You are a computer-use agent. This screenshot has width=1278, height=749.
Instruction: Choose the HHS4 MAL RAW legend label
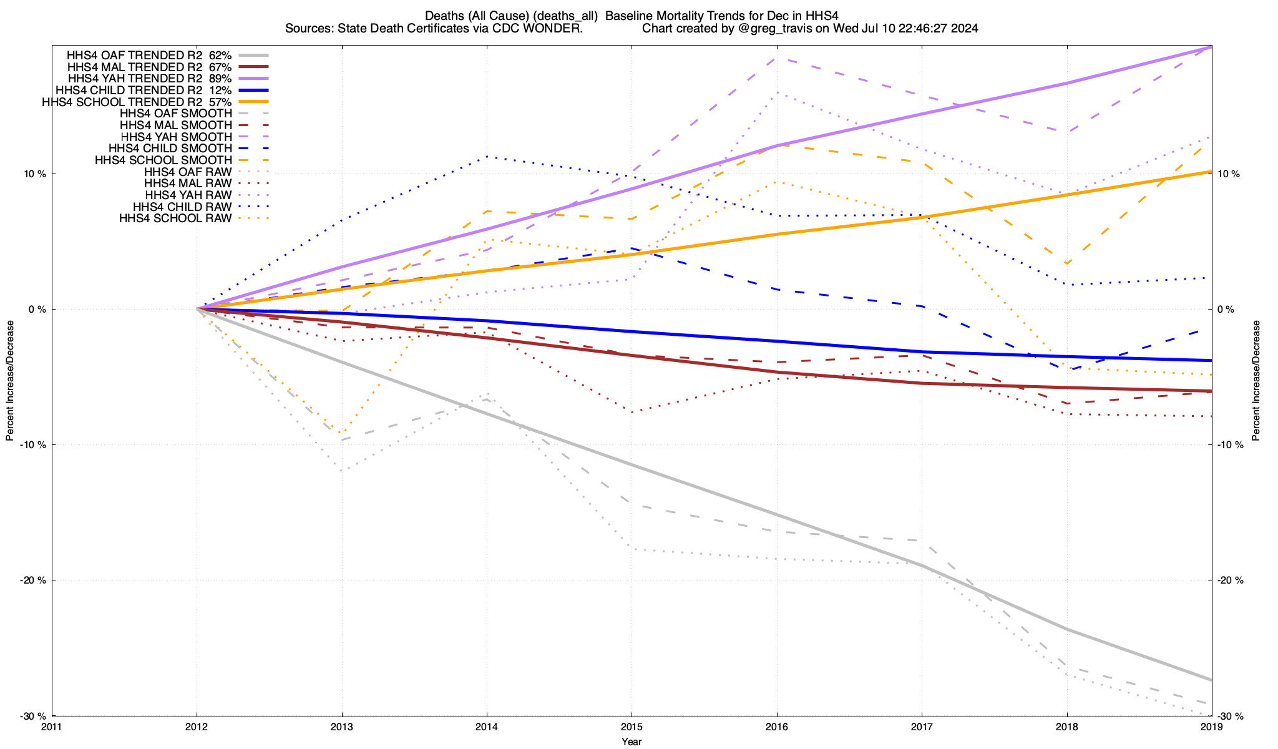pyautogui.click(x=187, y=184)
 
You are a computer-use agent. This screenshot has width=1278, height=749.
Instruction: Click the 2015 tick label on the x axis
pyautogui.click(x=632, y=727)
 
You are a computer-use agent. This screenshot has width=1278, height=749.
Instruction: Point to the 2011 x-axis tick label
pyautogui.click(x=52, y=727)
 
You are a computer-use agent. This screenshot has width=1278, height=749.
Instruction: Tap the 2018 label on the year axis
pyautogui.click(x=1066, y=727)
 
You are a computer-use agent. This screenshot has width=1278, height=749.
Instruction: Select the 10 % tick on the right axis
pyautogui.click(x=1229, y=174)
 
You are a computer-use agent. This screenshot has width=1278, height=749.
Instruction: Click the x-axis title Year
pyautogui.click(x=632, y=742)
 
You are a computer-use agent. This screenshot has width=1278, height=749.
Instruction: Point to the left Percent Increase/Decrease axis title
pyautogui.click(x=10, y=381)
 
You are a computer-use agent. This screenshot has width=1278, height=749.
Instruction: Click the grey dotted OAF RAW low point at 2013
pyautogui.click(x=342, y=470)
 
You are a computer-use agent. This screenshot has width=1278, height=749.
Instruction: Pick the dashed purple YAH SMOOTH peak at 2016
pyautogui.click(x=776, y=57)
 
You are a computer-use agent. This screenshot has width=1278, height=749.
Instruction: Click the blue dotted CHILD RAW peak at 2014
pyautogui.click(x=487, y=157)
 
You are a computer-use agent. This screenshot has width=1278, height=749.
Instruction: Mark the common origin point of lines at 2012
pyautogui.click(x=197, y=309)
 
